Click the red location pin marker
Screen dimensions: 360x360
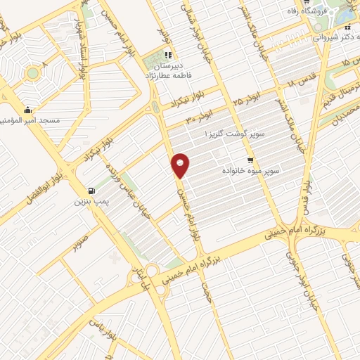pos(181,165)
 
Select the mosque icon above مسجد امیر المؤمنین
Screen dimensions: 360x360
pos(27,109)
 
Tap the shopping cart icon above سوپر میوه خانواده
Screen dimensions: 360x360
pos(251,160)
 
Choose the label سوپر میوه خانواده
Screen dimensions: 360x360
pos(251,170)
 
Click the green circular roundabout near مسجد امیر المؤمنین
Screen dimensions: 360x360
pos(32,72)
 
